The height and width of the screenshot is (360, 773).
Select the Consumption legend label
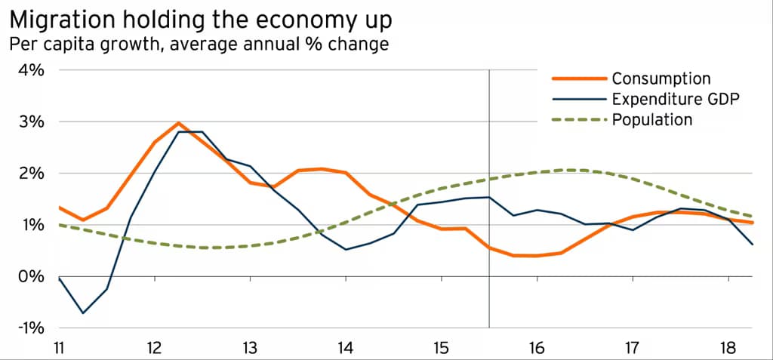pos(661,78)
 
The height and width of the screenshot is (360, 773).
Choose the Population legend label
pos(651,119)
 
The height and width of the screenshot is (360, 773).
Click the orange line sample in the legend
pos(580,78)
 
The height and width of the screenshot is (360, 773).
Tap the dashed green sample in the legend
pos(580,119)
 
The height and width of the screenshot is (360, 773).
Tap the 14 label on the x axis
pos(346,349)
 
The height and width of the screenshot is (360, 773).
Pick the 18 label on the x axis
pos(728,349)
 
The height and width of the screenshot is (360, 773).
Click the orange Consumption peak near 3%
pos(178,123)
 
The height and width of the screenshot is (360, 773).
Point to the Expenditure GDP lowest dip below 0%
pos(82,312)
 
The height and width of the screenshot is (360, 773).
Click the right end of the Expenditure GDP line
pos(752,244)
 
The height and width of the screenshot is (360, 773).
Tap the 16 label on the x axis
pos(537,349)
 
